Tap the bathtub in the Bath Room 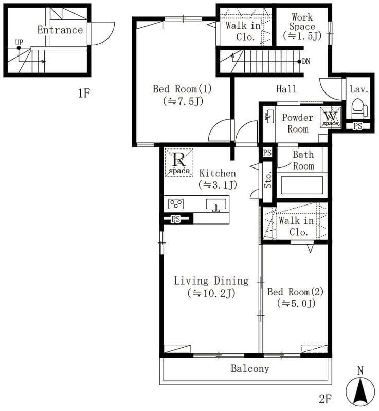click(x=302, y=185)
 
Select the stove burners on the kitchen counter click(x=176, y=204)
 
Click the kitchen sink click(x=216, y=204)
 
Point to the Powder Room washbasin click(x=269, y=117)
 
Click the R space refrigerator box click(x=179, y=162)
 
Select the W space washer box click(x=331, y=118)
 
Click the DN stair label click(x=306, y=61)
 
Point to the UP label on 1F click(x=19, y=42)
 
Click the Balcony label click(x=250, y=368)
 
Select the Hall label click(x=286, y=89)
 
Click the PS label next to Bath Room click(x=267, y=153)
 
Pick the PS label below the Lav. click(x=358, y=126)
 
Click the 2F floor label click(x=325, y=399)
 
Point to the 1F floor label click(x=84, y=93)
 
